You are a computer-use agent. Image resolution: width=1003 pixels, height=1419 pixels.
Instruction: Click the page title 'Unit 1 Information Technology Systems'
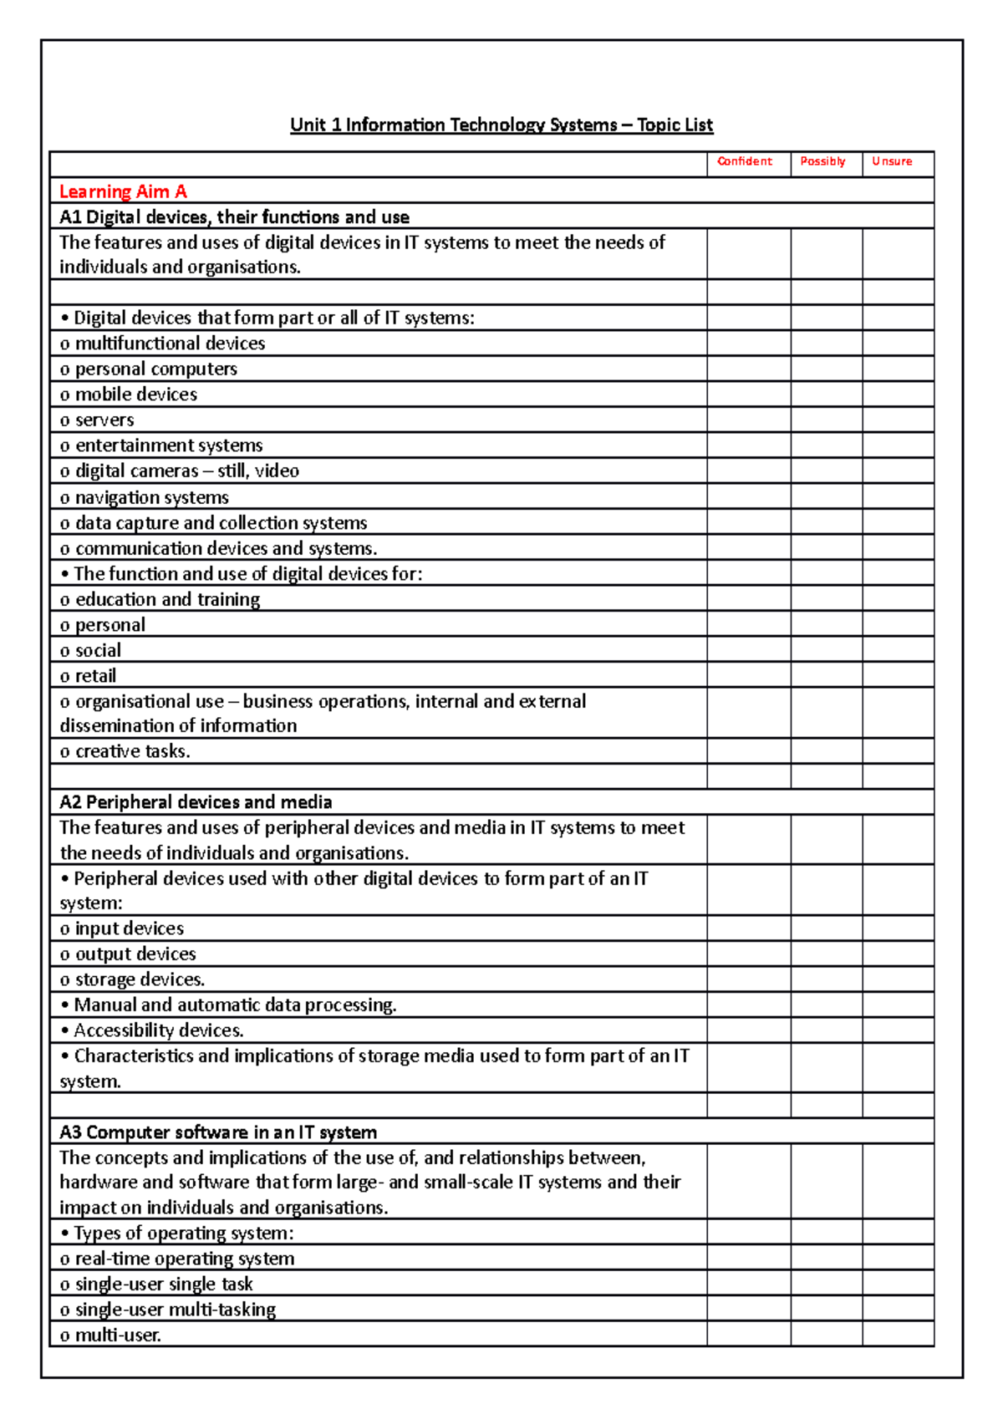[x=501, y=125]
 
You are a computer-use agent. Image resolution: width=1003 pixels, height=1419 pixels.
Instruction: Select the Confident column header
[x=745, y=161]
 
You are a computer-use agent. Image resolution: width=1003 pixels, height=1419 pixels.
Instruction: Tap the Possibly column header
[x=822, y=161]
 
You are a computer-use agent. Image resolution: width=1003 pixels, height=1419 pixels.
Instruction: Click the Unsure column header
[x=892, y=161]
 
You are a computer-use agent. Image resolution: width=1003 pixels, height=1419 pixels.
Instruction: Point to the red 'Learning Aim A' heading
[x=123, y=191]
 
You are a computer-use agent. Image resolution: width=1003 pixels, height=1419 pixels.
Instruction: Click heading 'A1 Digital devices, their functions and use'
[x=234, y=217]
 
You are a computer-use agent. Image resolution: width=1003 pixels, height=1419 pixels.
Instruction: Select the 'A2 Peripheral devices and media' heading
[x=196, y=802]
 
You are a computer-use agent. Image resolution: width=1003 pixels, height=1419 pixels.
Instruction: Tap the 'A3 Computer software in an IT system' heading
[x=218, y=1132]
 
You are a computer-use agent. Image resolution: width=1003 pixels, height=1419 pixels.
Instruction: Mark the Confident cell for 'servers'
[x=748, y=420]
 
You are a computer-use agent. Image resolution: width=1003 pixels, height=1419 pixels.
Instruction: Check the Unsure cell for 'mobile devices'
[x=898, y=394]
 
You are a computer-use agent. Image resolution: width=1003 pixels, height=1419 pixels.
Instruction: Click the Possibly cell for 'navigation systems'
[x=826, y=497]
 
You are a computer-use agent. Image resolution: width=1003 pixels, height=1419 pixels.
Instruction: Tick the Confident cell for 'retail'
[x=748, y=675]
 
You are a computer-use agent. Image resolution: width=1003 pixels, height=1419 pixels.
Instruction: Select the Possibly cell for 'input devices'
[x=826, y=928]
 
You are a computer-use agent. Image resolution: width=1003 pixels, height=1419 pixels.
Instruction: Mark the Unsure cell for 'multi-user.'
[x=898, y=1335]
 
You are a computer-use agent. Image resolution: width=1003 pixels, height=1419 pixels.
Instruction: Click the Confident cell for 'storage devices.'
[x=748, y=979]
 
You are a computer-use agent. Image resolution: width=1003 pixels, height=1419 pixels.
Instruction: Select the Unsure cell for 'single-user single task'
[x=898, y=1284]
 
